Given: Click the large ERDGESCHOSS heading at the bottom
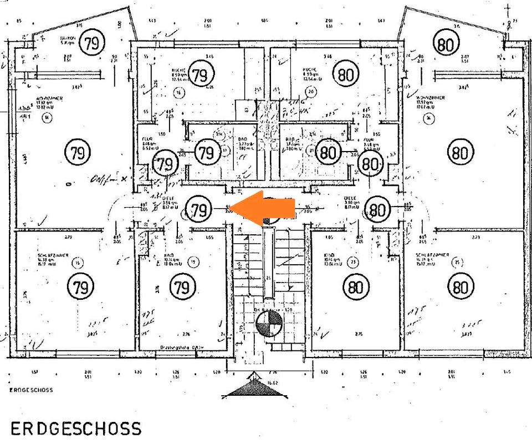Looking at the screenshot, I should pyautogui.click(x=76, y=429).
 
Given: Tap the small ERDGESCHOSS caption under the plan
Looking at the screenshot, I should pyautogui.click(x=31, y=390).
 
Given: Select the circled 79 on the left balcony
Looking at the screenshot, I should pyautogui.click(x=91, y=42).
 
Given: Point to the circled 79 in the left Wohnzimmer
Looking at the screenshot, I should pyautogui.click(x=78, y=153).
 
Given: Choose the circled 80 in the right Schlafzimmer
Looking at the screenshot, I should pyautogui.click(x=460, y=286).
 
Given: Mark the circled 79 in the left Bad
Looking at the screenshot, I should pyautogui.click(x=206, y=152).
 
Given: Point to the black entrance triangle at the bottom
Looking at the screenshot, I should pyautogui.click(x=255, y=387).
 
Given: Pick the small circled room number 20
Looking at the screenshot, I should pyautogui.click(x=311, y=92).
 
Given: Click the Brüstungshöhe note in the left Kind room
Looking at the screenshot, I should pyautogui.click(x=178, y=346).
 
